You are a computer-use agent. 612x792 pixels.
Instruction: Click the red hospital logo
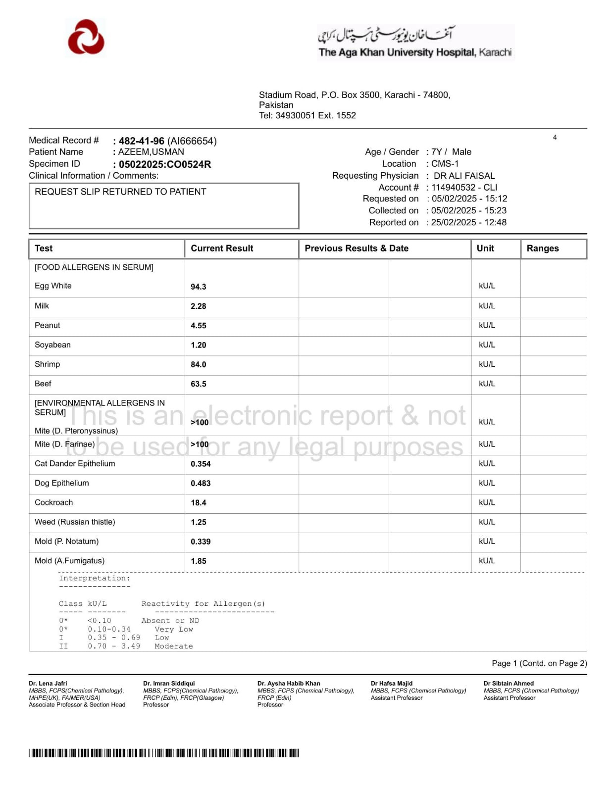(86, 37)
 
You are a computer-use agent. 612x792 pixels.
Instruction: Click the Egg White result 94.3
(198, 287)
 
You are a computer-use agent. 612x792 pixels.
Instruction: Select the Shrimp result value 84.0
(198, 364)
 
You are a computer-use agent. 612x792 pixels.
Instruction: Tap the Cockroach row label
(53, 502)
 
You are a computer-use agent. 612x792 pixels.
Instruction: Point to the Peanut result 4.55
(198, 326)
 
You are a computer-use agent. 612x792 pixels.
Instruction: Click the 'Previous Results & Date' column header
(356, 248)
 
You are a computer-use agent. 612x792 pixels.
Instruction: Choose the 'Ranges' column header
(542, 248)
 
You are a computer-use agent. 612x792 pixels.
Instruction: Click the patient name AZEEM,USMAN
(151, 152)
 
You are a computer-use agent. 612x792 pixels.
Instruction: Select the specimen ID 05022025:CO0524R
(164, 164)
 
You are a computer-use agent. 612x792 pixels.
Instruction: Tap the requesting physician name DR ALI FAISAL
(464, 176)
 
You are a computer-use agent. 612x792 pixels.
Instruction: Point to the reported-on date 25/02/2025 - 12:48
(468, 222)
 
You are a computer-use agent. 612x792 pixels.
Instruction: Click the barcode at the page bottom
(163, 753)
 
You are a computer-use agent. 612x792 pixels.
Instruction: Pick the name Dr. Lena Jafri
(48, 683)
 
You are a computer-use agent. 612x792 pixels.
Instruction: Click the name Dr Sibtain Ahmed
(509, 683)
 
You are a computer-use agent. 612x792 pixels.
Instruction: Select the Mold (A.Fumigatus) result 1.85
(198, 561)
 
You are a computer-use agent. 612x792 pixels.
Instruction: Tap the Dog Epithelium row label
(61, 483)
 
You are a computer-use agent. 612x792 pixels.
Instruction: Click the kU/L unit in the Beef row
(487, 384)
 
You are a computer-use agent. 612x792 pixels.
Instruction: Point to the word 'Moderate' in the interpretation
(173, 646)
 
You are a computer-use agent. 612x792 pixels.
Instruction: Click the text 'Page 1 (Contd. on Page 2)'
(539, 663)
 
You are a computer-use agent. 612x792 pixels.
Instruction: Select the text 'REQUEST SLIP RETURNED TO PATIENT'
(120, 192)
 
